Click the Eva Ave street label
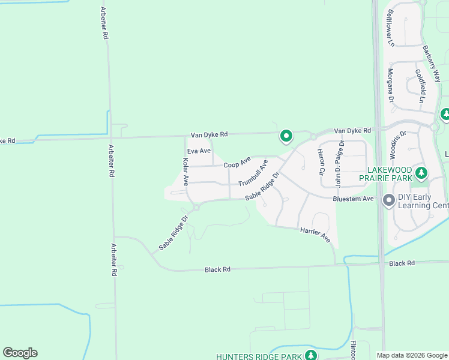pyautogui.click(x=199, y=151)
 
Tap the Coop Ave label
pyautogui.click(x=237, y=163)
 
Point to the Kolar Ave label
pyautogui.click(x=185, y=171)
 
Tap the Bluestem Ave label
pyautogui.click(x=353, y=199)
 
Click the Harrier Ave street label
pyautogui.click(x=316, y=235)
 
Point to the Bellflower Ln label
pyautogui.click(x=391, y=28)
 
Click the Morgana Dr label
pyautogui.click(x=390, y=85)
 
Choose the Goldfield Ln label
pyautogui.click(x=419, y=86)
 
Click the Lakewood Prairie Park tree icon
pyautogui.click(x=422, y=173)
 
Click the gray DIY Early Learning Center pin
pyautogui.click(x=388, y=200)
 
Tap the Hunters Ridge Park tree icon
pyautogui.click(x=310, y=355)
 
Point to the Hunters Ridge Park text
pyautogui.click(x=260, y=356)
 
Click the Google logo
pyautogui.click(x=20, y=353)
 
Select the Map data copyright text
pyautogui.click(x=412, y=356)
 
